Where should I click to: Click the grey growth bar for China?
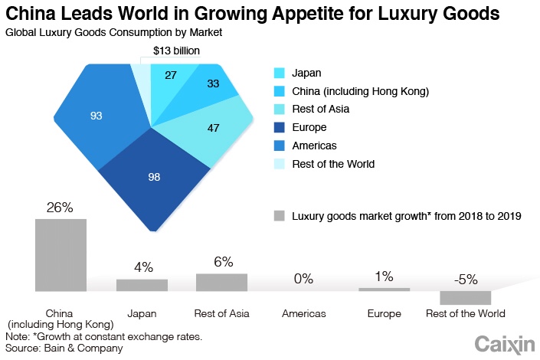pyautogui.click(x=61, y=254)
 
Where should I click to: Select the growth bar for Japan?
pyautogui.click(x=142, y=285)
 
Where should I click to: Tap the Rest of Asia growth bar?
pyautogui.click(x=221, y=282)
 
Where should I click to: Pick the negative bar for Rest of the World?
pyautogui.click(x=465, y=298)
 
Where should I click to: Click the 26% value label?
pyautogui.click(x=60, y=208)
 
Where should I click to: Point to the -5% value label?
pyautogui.click(x=465, y=280)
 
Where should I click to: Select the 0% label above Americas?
pyautogui.click(x=304, y=279)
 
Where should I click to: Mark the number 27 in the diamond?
pyautogui.click(x=171, y=75)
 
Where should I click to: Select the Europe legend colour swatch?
pyautogui.click(x=280, y=127)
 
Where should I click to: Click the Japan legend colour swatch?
pyautogui.click(x=280, y=74)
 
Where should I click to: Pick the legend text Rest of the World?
pyautogui.click(x=333, y=163)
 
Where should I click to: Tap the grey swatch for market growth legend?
pyautogui.click(x=280, y=216)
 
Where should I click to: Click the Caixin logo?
pyautogui.click(x=504, y=343)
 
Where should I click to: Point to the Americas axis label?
pyautogui.click(x=304, y=314)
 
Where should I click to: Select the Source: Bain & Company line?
pyautogui.click(x=64, y=349)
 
